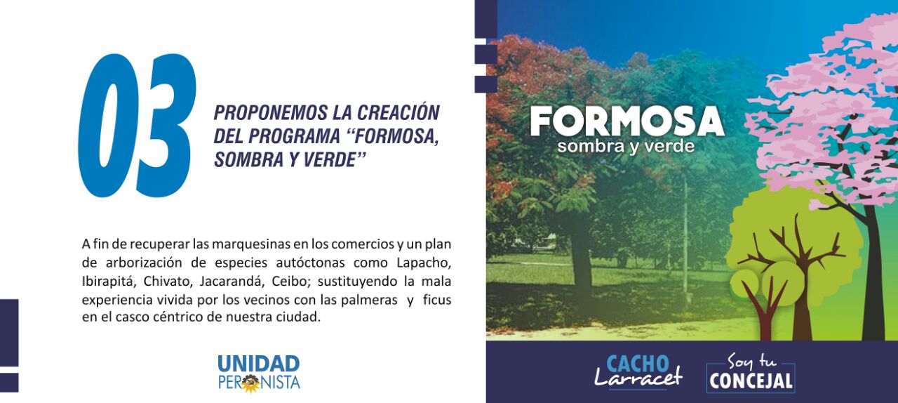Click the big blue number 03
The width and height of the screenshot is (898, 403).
point(137,125)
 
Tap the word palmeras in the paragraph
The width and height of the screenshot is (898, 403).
point(369,300)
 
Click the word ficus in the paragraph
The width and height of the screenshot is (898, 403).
point(437,300)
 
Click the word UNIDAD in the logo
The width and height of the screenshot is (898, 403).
point(259,364)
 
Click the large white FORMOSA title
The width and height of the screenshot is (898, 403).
point(627,121)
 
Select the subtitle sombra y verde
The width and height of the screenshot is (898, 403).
point(626,146)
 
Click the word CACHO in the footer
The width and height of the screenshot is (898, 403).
point(638,364)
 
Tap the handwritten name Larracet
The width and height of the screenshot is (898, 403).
point(638,378)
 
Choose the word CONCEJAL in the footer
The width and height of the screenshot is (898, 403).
point(751,381)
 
